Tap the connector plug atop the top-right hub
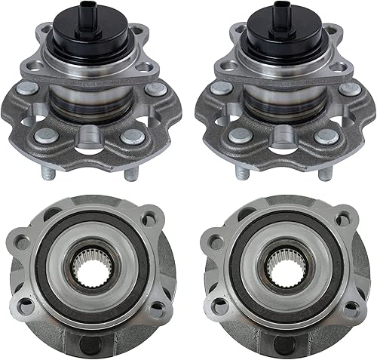(x=285, y=13)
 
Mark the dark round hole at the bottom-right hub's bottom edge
(x=284, y=343)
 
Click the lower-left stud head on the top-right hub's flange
(x=241, y=136)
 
